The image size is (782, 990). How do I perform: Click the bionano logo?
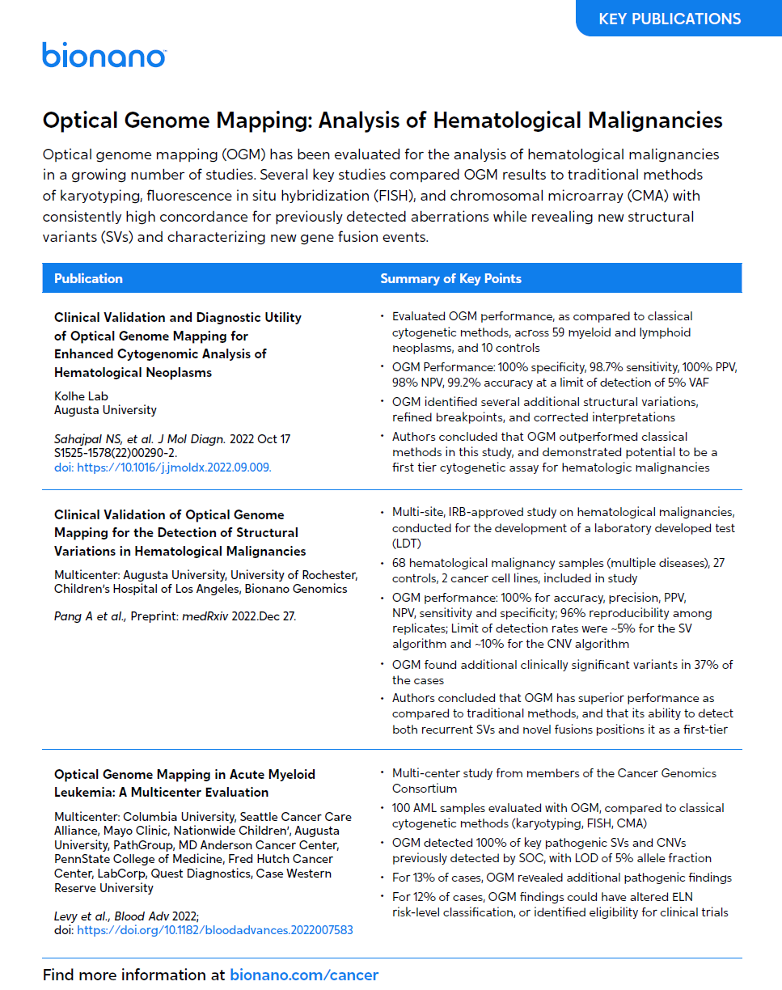pos(104,55)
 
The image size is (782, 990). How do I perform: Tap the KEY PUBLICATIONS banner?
pos(669,19)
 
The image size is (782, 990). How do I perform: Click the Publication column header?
pos(89,278)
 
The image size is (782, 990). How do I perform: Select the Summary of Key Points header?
pos(450,278)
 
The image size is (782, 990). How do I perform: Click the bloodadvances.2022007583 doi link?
pos(214,930)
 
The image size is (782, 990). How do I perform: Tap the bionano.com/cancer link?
pos(304,975)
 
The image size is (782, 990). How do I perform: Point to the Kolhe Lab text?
pos(81,396)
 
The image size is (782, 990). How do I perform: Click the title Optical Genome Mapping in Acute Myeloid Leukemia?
pos(184,783)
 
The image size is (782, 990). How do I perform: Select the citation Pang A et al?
pos(89,616)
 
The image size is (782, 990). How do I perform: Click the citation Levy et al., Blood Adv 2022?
pos(125,916)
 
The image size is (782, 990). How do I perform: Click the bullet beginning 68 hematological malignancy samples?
pos(558,570)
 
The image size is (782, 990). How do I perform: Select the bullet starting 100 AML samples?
pos(558,815)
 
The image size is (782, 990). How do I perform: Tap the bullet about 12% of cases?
pos(558,904)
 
